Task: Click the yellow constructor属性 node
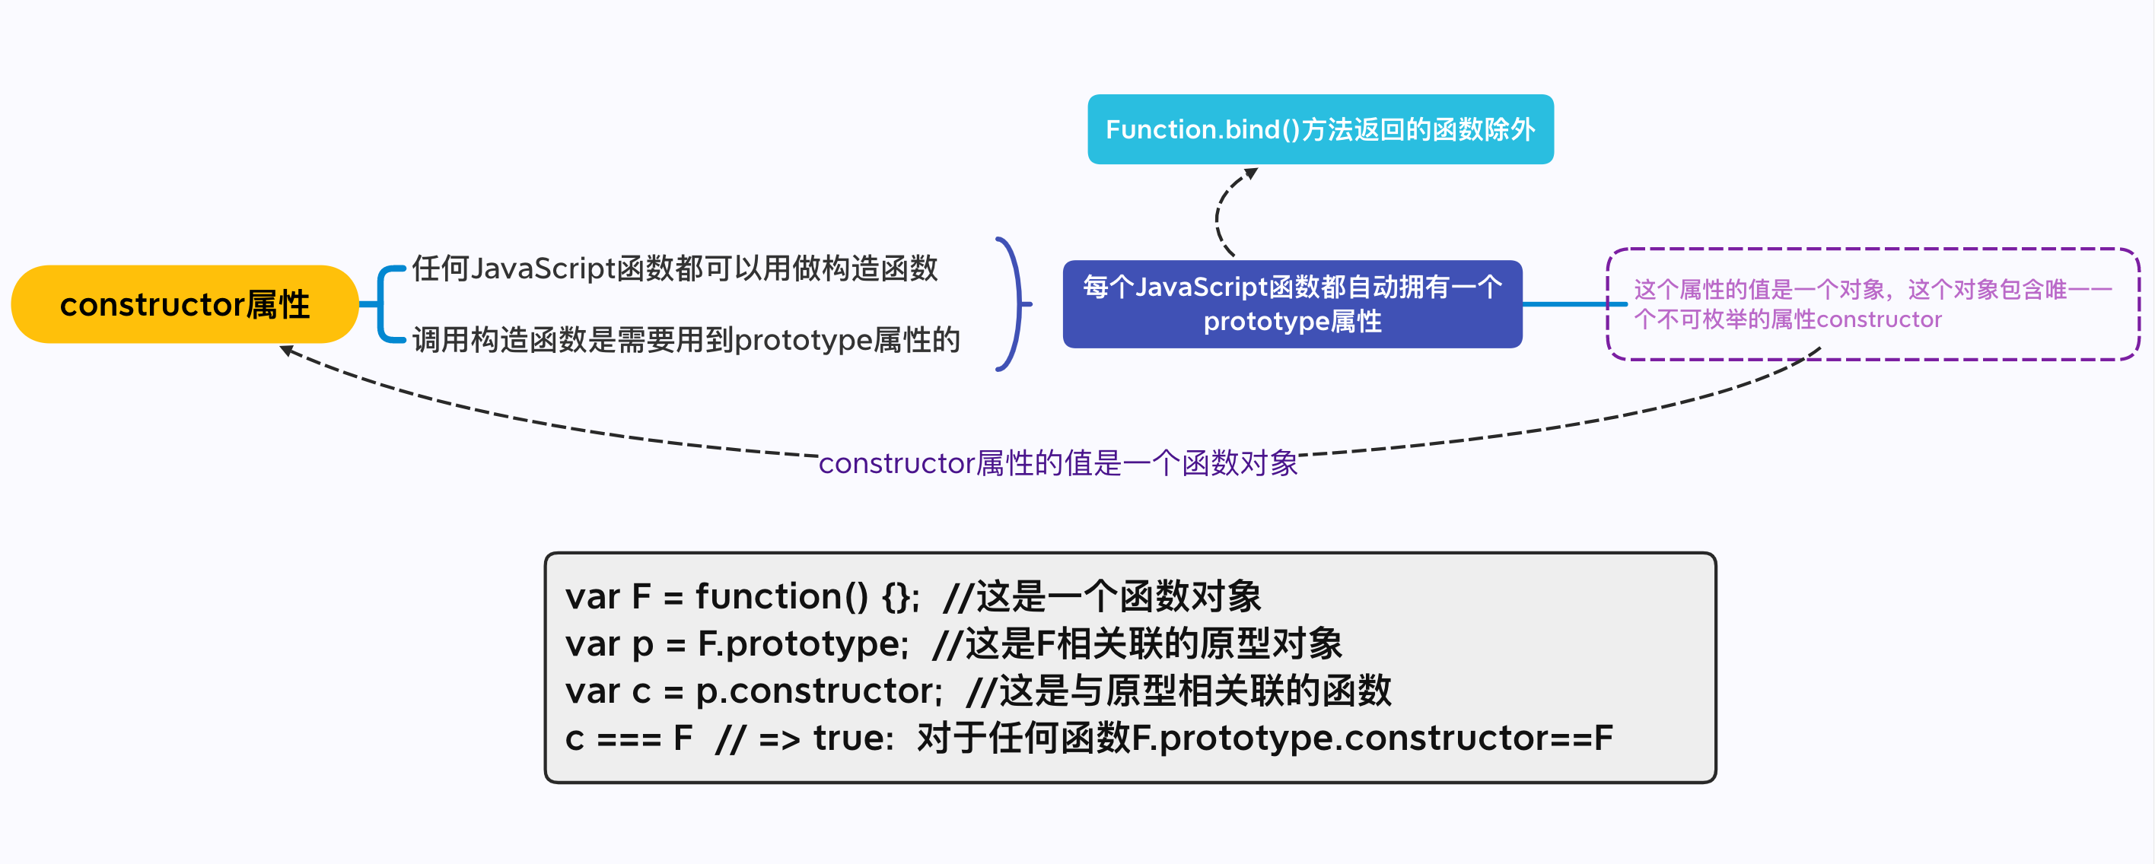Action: point(184,304)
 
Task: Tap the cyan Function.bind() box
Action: point(1320,129)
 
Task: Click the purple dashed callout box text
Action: point(1872,304)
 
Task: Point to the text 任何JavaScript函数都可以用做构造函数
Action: point(674,268)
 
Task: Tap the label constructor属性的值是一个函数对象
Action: point(1058,462)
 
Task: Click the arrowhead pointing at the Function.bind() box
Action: point(1252,173)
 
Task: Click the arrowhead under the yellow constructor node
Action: point(286,351)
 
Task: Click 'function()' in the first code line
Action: point(781,596)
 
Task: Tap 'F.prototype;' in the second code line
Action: point(802,644)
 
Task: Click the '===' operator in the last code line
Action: point(629,739)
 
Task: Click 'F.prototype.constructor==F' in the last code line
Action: point(1372,739)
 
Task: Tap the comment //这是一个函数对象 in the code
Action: point(1101,596)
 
